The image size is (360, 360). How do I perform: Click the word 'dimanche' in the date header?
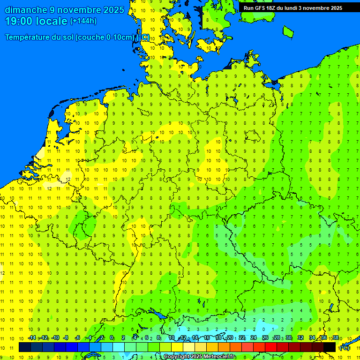(25, 10)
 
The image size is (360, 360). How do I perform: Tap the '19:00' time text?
(19, 21)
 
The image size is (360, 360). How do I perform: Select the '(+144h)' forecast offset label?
(83, 21)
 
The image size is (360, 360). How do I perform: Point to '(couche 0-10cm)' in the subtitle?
(105, 37)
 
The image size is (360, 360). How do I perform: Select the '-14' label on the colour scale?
(32, 338)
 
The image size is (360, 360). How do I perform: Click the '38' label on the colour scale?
(335, 338)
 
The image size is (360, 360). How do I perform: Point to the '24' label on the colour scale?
(254, 338)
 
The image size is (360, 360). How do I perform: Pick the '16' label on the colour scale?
(207, 338)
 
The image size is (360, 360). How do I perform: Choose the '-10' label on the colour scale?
(55, 338)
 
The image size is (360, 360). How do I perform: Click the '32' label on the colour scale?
(300, 338)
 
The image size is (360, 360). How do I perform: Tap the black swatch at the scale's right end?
(330, 347)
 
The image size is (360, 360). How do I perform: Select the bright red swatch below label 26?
(271, 347)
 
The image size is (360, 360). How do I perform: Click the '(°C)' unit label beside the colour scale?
(345, 348)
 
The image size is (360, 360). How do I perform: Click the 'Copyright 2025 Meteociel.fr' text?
(199, 357)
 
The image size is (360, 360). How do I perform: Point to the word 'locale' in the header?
(53, 21)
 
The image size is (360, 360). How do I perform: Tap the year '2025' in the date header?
(113, 10)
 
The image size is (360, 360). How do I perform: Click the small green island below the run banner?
(288, 31)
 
